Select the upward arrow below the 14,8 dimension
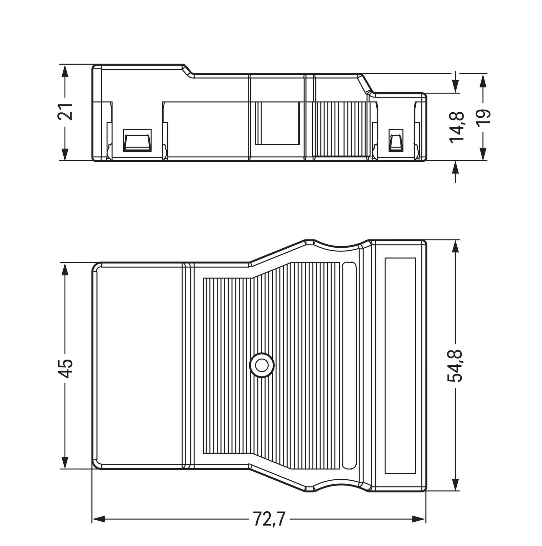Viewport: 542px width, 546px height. [x=456, y=167]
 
